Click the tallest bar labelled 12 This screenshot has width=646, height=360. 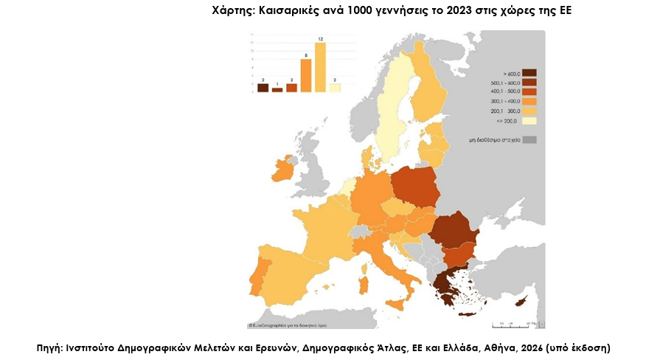(320, 67)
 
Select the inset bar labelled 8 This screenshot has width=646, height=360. (305, 75)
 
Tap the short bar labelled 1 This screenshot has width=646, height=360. (277, 89)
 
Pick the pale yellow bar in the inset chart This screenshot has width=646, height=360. (335, 88)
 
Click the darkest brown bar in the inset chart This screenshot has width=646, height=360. (263, 88)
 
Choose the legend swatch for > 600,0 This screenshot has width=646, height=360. (529, 73)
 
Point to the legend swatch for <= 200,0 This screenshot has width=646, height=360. (529, 120)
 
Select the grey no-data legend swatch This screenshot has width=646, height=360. (529, 139)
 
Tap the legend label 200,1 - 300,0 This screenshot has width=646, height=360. (504, 110)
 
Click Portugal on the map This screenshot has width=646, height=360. (257, 274)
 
